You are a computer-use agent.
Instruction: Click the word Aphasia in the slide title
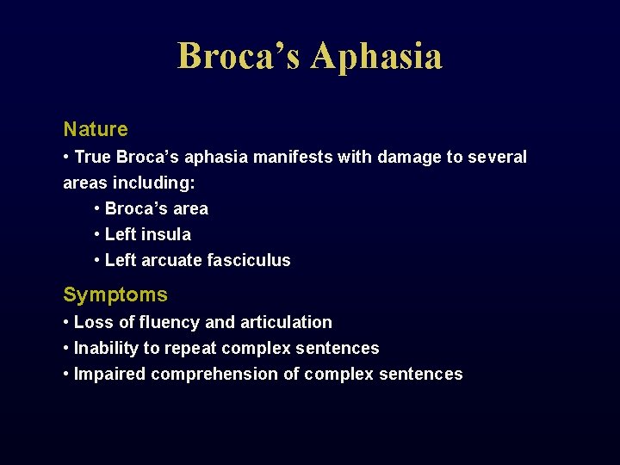376,56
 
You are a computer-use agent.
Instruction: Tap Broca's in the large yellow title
239,56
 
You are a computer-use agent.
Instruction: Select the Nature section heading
96,129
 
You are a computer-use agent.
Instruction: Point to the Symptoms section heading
115,294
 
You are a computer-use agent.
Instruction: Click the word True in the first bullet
93,157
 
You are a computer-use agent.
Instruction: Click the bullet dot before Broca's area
98,208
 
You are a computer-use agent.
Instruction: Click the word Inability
105,348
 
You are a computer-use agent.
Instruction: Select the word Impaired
109,374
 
